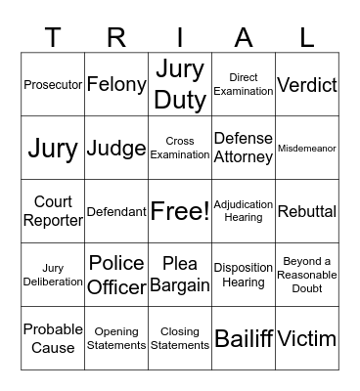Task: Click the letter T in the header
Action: (53, 37)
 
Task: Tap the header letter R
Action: (116, 37)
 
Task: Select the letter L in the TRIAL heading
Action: (307, 37)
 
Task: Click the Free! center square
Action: (180, 211)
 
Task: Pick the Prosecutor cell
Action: (53, 85)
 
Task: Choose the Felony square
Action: (116, 85)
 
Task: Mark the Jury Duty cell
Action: (180, 84)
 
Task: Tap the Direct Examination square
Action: (244, 84)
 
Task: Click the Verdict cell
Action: (307, 85)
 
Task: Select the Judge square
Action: (116, 149)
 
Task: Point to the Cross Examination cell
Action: (180, 148)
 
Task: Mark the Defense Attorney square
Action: (244, 148)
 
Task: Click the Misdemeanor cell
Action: (307, 149)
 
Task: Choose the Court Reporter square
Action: (53, 211)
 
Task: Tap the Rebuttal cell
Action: (307, 211)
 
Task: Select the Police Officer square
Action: (116, 275)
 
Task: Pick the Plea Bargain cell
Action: (180, 275)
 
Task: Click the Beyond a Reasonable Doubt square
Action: (307, 275)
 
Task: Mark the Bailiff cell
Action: (244, 339)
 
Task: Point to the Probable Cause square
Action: (53, 338)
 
